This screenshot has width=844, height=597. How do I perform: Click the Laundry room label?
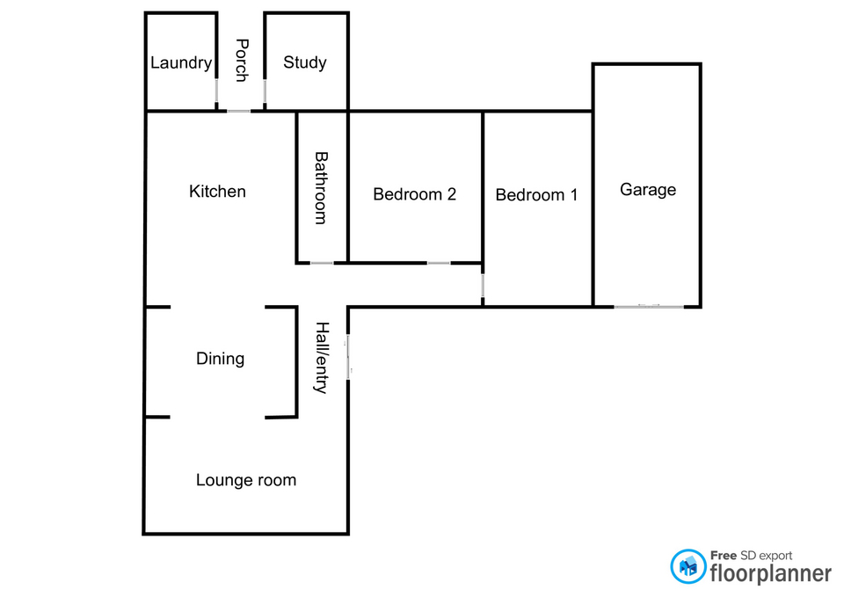(x=181, y=63)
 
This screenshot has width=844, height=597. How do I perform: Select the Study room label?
(x=305, y=62)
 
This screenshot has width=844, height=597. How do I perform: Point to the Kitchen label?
(x=217, y=191)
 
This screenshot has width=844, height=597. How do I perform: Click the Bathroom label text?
(x=322, y=188)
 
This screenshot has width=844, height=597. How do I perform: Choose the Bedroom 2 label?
(x=414, y=194)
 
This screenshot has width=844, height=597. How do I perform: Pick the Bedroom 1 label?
(x=536, y=194)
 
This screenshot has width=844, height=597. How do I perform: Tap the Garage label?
(x=648, y=189)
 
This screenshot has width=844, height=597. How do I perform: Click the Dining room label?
(x=220, y=359)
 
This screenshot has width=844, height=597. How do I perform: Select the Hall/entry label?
(x=322, y=357)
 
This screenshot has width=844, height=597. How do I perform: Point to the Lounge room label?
(x=246, y=480)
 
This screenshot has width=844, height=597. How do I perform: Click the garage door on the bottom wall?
(x=648, y=306)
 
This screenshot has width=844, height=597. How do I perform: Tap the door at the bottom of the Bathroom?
(x=322, y=262)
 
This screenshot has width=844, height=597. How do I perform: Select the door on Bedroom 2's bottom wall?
(x=439, y=262)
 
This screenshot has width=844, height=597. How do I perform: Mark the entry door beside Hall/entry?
(x=349, y=357)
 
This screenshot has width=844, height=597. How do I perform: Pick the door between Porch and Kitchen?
(x=239, y=111)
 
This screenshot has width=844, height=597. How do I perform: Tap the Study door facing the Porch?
(x=265, y=91)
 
